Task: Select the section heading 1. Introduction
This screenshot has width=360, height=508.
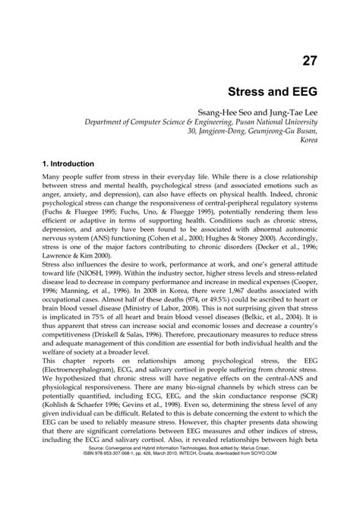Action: click(68, 164)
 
